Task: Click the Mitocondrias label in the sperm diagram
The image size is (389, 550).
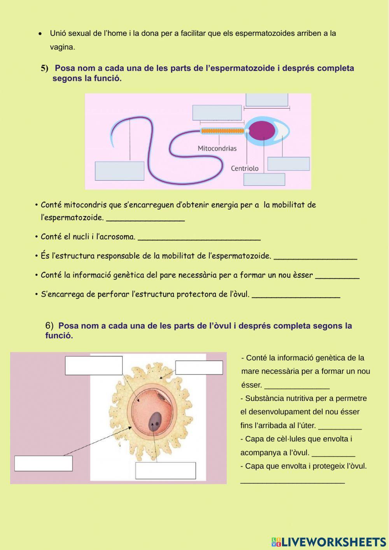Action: point(217,148)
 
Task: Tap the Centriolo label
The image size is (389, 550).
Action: point(244,169)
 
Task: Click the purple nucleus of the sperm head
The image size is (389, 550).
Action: point(261,130)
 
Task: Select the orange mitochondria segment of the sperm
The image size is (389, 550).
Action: point(222,131)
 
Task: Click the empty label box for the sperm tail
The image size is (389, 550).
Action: point(119,171)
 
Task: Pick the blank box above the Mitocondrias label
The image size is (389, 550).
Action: point(217,112)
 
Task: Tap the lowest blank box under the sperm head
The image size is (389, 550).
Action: point(264,179)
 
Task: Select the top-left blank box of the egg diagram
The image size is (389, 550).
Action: point(94,365)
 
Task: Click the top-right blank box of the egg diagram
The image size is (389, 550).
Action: point(199,367)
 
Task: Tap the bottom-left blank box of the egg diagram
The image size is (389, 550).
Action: point(44,463)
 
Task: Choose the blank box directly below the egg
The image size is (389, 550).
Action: point(165,471)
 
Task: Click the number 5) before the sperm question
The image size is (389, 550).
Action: point(45,69)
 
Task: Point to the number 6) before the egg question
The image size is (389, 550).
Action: point(49,326)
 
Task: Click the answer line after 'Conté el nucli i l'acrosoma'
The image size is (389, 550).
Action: point(199,238)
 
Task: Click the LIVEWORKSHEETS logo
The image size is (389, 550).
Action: point(329,541)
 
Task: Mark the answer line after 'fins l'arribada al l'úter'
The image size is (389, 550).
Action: point(340,427)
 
